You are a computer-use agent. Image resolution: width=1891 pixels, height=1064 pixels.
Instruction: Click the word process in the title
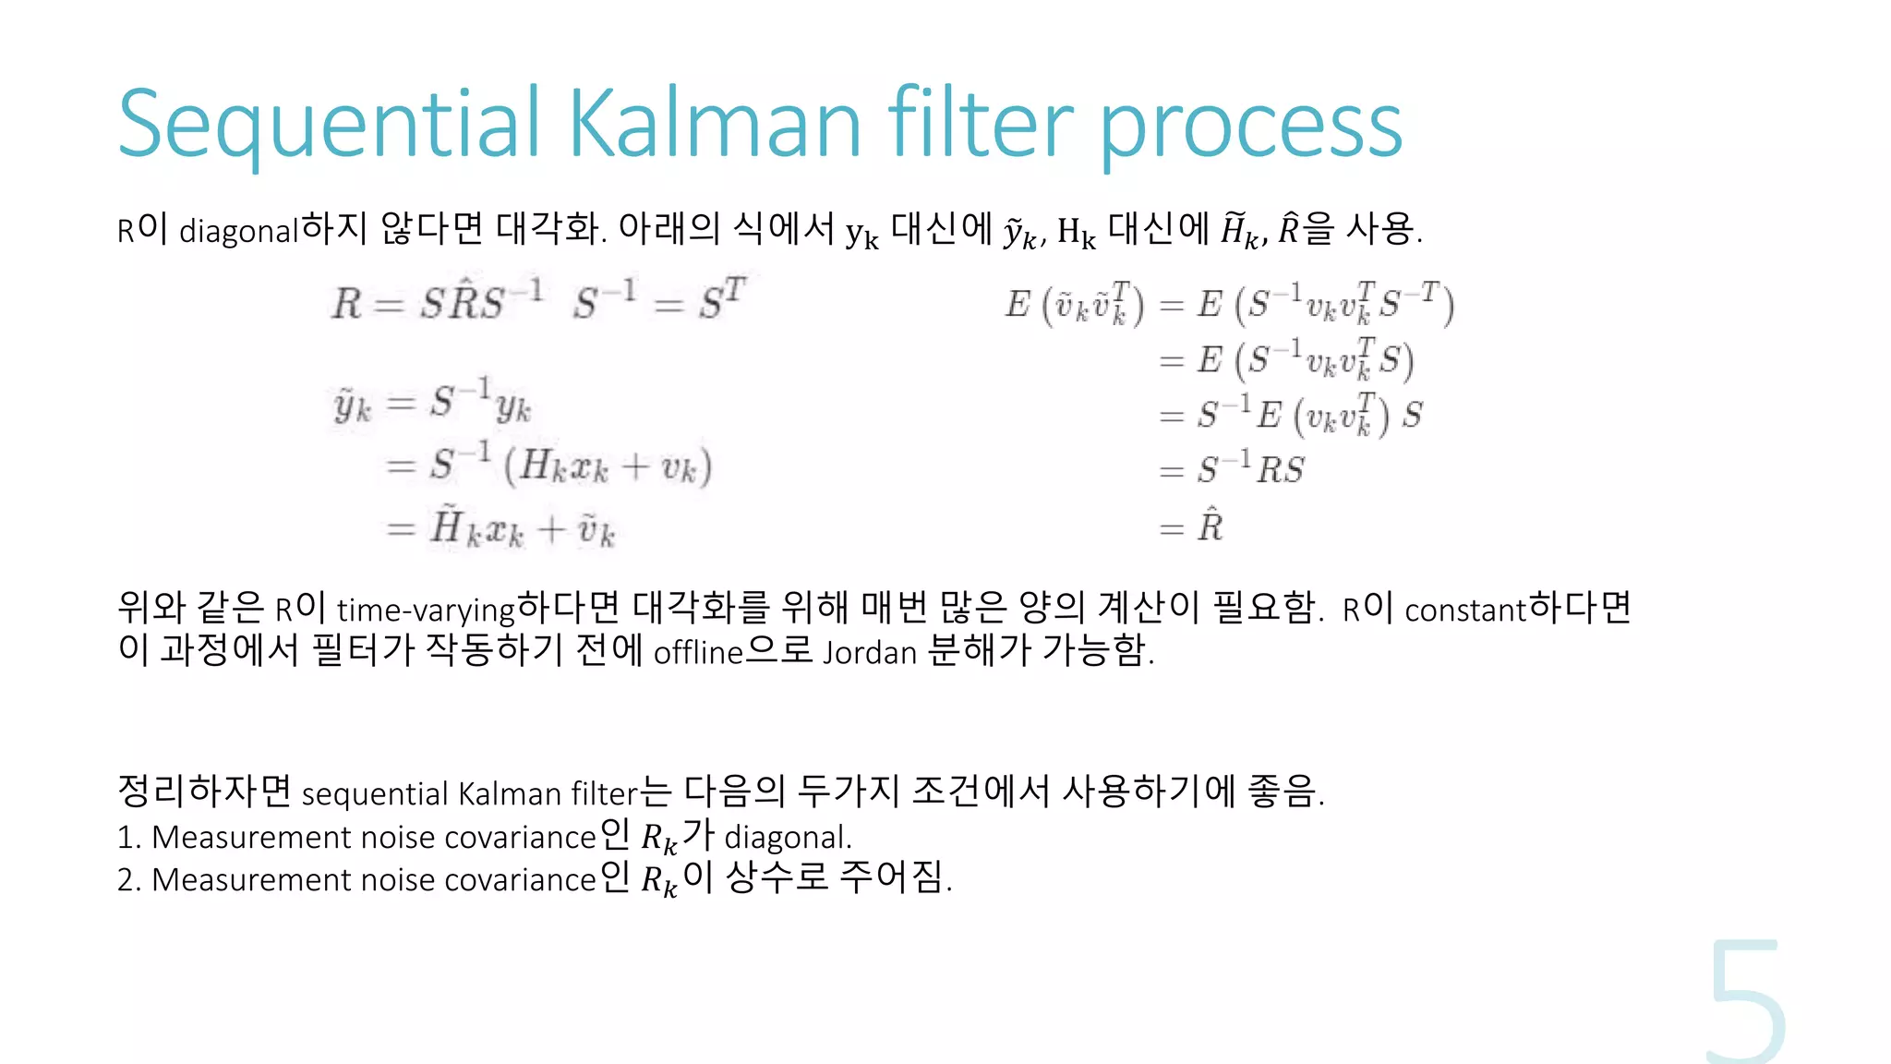tap(1251, 129)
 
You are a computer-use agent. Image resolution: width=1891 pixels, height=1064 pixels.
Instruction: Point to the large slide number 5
tap(1745, 1002)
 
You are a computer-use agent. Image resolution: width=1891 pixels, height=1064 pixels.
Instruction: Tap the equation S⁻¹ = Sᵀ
tap(658, 300)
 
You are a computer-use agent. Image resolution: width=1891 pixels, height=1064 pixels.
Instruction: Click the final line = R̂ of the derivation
tap(1192, 526)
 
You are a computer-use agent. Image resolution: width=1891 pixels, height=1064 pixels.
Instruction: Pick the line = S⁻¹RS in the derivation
tap(1232, 469)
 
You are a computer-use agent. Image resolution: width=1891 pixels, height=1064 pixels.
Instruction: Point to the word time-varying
tap(426, 611)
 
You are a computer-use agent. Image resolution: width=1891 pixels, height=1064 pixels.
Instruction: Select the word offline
tap(698, 653)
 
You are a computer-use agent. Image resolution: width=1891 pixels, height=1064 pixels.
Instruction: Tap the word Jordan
tap(870, 653)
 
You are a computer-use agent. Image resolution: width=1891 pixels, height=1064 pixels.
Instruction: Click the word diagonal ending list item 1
tap(787, 838)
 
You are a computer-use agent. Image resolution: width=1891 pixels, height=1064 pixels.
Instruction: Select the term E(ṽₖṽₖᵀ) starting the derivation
tap(1075, 305)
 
